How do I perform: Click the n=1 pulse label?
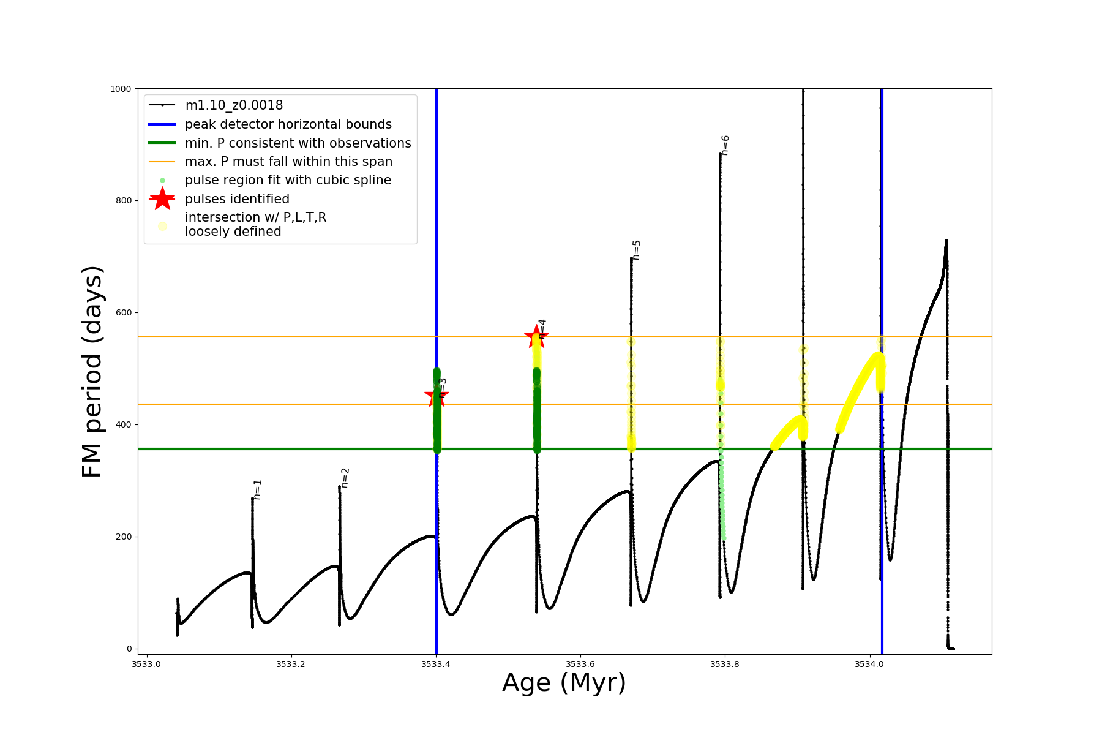click(258, 489)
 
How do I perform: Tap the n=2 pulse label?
click(345, 478)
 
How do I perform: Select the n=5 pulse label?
click(637, 250)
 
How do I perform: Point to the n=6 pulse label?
click(725, 145)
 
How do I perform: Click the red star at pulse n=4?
click(536, 336)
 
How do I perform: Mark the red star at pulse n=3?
click(437, 395)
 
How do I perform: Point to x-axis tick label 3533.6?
click(580, 664)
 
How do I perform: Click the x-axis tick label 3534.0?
click(870, 664)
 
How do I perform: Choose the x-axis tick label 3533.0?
click(146, 664)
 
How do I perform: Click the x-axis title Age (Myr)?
click(564, 683)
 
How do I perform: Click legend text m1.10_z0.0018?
click(234, 105)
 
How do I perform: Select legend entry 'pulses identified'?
click(237, 199)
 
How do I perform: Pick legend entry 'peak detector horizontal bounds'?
click(288, 124)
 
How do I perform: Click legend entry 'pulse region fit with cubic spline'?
click(288, 180)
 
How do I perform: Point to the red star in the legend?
click(162, 198)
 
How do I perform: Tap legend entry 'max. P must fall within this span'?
click(288, 162)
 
